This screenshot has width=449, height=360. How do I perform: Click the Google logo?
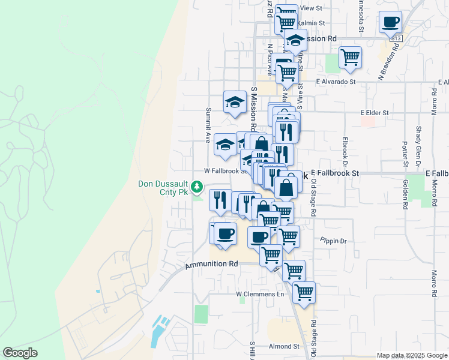click(20, 353)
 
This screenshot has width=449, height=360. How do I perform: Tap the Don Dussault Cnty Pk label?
click(163, 188)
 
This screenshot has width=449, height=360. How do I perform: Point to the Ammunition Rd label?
click(211, 264)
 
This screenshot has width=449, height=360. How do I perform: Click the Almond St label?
click(284, 346)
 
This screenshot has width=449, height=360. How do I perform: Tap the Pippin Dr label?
click(334, 241)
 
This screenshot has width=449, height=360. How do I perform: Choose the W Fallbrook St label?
click(225, 170)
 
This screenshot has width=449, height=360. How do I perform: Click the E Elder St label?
click(375, 112)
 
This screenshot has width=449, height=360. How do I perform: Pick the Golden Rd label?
click(406, 194)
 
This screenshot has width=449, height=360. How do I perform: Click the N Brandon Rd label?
click(388, 62)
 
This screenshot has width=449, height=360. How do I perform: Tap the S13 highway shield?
click(395, 38)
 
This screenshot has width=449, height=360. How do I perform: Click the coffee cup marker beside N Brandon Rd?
click(390, 23)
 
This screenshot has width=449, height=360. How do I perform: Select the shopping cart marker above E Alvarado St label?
click(350, 58)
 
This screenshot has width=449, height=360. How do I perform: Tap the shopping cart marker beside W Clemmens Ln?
click(304, 293)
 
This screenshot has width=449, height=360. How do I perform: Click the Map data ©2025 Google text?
click(412, 355)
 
